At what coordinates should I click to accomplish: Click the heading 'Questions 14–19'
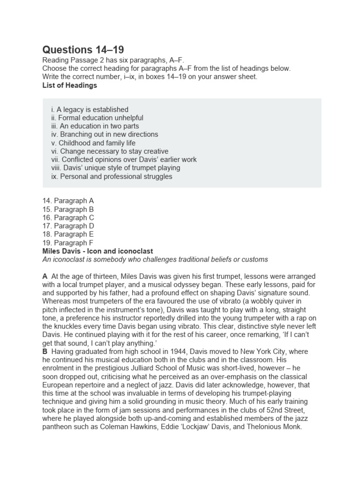(83, 50)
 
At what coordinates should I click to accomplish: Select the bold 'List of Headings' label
(70, 85)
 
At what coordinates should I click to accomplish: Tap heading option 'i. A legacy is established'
(90, 109)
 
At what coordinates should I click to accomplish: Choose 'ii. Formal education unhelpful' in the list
(97, 118)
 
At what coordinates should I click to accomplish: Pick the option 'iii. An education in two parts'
(95, 126)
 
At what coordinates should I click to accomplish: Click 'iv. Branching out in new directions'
(105, 135)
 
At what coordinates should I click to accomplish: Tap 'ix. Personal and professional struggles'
(112, 177)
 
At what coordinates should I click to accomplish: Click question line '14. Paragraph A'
(68, 201)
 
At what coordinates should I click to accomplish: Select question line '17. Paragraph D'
(68, 226)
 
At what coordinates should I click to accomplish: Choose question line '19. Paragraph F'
(68, 243)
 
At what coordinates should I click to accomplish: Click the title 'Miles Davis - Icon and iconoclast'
(97, 251)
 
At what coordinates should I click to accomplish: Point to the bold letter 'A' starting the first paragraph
(45, 276)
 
